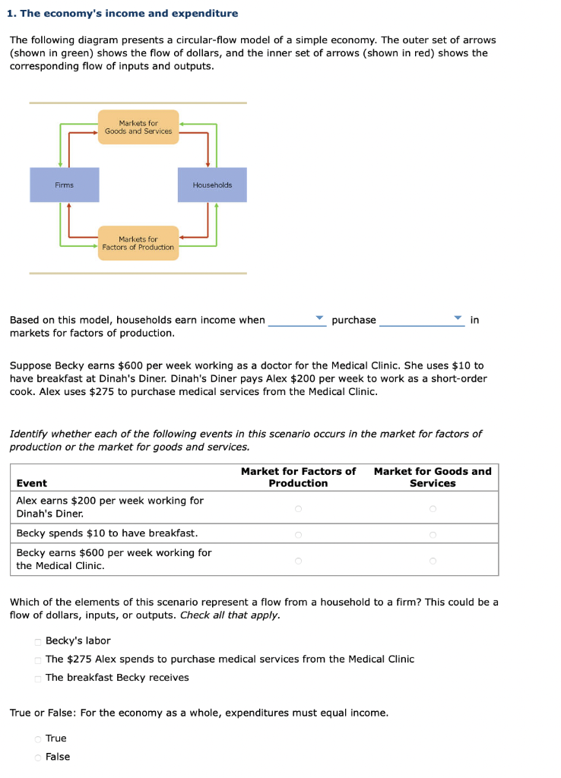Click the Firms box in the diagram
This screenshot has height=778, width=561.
coord(65,185)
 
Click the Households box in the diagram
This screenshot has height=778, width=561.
coord(212,185)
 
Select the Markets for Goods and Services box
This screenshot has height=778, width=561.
coord(138,127)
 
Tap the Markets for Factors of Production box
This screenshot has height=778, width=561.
coord(138,243)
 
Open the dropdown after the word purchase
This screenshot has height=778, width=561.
coord(422,320)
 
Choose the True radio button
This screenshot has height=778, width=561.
coord(38,738)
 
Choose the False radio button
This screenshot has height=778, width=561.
coord(38,757)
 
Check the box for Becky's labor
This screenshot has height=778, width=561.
coord(38,641)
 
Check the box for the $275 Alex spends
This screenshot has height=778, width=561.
coord(38,659)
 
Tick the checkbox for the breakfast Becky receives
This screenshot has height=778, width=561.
coord(38,678)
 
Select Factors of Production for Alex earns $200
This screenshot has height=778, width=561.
coord(298,508)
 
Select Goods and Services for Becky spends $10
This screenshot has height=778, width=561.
coord(433,533)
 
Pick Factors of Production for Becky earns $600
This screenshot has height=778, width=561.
coord(298,560)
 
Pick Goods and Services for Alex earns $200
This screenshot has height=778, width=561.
coord(433,508)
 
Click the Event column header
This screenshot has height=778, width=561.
coord(32,483)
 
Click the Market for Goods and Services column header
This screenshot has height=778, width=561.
coord(433,477)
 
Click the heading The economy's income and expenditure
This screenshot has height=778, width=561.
coord(123,14)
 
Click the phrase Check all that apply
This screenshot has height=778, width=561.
coord(230,615)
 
